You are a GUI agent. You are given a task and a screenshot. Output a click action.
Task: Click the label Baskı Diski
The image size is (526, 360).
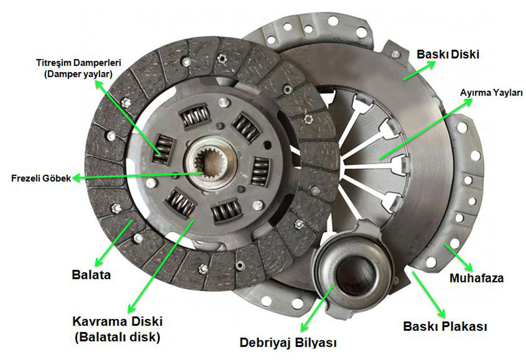[448, 54]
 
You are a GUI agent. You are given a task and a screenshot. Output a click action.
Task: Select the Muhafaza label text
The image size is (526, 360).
[476, 278]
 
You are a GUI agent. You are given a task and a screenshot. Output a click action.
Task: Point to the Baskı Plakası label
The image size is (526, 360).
[445, 327]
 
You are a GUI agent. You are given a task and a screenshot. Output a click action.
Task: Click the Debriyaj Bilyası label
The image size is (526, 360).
[288, 343]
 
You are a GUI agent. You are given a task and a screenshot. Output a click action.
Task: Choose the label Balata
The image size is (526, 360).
[91, 275]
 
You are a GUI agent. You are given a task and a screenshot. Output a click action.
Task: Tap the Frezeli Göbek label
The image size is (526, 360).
[41, 178]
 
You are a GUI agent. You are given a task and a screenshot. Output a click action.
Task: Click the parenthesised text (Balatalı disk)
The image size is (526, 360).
[117, 337]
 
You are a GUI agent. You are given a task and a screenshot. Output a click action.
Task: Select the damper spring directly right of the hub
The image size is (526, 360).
[260, 171]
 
